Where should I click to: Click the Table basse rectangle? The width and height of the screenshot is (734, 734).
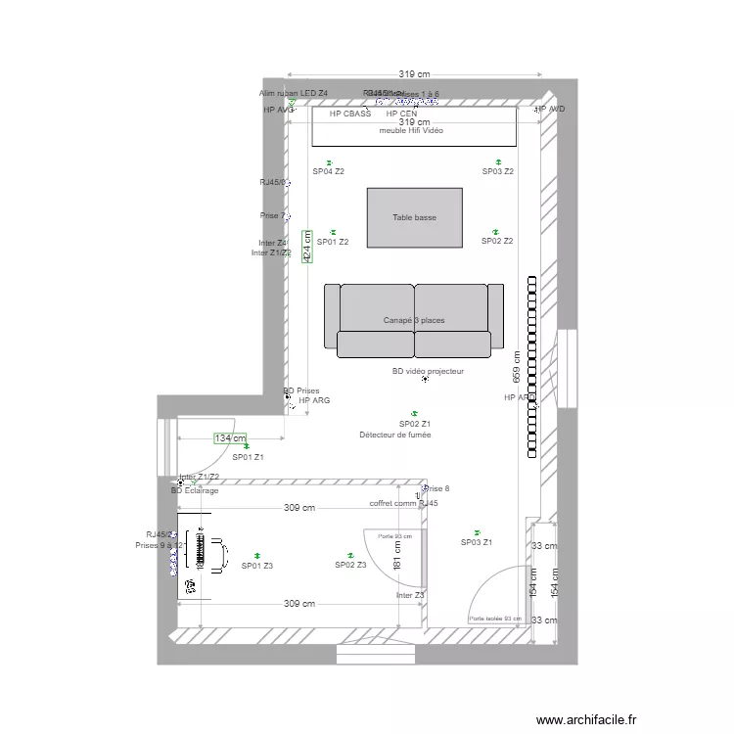coord(414,217)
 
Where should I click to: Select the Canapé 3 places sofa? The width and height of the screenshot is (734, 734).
coord(414,320)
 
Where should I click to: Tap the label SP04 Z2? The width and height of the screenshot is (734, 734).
coord(329,172)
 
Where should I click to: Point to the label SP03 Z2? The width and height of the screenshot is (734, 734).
coord(498,172)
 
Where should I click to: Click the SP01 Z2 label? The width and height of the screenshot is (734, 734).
coord(331,242)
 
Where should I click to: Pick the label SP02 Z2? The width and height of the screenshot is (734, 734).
coord(497,241)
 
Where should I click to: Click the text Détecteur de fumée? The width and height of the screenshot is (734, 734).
coord(394,435)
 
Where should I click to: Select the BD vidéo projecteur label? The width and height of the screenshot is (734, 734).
coord(428,372)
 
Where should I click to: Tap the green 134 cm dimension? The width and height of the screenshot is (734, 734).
coord(230,438)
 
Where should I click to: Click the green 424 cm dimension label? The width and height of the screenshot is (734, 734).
coord(306,249)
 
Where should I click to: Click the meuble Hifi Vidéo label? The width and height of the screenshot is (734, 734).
coord(411,130)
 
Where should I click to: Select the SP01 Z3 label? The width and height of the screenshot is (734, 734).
coord(257,566)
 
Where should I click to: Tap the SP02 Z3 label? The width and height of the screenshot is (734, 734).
coord(350,565)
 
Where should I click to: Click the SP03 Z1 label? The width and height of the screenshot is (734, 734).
coord(477,542)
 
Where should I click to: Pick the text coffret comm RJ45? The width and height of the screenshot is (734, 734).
coord(403,503)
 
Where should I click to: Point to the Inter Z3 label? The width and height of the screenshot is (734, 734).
coord(410,595)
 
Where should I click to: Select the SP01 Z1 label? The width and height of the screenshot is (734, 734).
coord(248,457)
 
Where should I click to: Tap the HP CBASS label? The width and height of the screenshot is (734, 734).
coord(350,115)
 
